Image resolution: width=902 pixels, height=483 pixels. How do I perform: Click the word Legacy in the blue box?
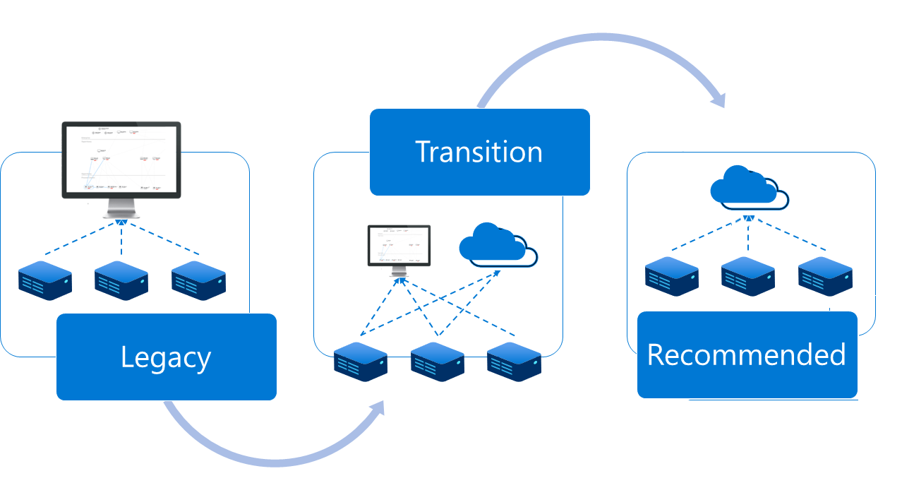[166, 357]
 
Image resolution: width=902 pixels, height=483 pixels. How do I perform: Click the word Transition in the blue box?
[479, 152]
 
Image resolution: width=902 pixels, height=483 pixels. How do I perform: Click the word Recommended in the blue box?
[747, 354]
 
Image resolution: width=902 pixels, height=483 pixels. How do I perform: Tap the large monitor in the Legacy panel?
[121, 160]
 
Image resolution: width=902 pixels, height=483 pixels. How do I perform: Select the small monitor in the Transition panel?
[399, 246]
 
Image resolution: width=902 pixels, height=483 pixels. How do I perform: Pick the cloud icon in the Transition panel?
[498, 245]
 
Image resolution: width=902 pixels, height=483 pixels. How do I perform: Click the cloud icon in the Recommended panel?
[748, 187]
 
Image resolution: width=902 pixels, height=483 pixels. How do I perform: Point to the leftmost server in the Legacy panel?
[45, 280]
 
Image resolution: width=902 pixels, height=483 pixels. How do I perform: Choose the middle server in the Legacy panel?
[121, 280]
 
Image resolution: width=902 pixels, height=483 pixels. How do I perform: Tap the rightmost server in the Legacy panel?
[198, 280]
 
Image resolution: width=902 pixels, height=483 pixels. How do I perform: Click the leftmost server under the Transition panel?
[361, 362]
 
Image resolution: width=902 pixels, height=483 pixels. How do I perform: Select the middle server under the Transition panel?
[438, 362]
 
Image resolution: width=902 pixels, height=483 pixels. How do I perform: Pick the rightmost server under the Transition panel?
[514, 362]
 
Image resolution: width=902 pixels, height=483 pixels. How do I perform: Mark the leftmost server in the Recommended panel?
[672, 276]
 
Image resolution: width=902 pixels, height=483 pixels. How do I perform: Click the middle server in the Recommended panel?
[748, 276]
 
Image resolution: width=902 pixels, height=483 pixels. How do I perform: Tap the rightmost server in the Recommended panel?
[825, 276]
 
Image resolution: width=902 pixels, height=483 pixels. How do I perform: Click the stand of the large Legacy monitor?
[121, 209]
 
